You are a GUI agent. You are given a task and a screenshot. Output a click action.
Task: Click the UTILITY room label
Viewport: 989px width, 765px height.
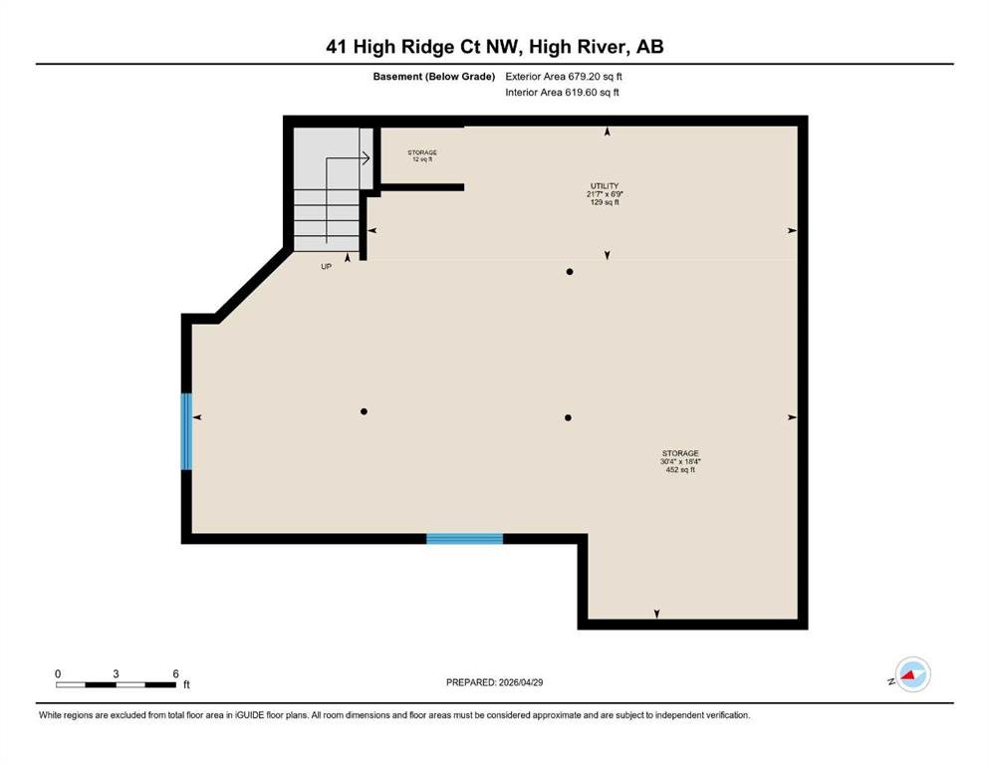click(605, 186)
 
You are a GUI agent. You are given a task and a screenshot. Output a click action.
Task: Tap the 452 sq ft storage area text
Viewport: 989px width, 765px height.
click(680, 470)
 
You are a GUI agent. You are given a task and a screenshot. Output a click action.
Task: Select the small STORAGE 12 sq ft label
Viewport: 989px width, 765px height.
click(422, 155)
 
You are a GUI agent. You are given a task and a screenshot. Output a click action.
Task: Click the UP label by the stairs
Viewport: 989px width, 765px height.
click(326, 267)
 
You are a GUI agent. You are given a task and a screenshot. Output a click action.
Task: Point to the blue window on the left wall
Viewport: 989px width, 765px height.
click(186, 432)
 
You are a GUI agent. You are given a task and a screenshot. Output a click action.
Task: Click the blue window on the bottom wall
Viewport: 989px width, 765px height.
click(465, 539)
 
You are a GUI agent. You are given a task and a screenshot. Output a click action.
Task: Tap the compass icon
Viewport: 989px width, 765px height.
click(912, 674)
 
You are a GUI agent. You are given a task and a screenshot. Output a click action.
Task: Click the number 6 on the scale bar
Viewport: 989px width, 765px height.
click(176, 673)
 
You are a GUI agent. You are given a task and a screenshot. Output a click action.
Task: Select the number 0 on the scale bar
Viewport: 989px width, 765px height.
click(58, 673)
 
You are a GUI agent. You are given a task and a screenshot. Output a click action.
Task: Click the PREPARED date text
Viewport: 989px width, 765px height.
click(494, 682)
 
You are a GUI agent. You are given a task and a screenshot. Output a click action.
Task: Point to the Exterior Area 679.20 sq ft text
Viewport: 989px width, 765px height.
click(564, 77)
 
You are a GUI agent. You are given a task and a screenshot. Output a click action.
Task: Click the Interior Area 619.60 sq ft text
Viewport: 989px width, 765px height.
click(562, 92)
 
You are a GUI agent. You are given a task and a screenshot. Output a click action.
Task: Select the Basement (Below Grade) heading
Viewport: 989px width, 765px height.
click(434, 77)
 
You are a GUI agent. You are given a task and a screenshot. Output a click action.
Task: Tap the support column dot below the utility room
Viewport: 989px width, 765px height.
click(570, 272)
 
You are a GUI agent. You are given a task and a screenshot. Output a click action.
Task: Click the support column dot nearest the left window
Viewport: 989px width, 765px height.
click(364, 411)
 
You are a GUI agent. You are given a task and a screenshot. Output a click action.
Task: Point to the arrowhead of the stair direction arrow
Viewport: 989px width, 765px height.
click(367, 157)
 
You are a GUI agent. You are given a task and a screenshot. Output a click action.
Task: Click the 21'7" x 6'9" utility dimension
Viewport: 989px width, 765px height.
click(605, 194)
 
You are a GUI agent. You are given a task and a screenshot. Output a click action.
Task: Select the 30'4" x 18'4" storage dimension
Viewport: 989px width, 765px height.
click(680, 461)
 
